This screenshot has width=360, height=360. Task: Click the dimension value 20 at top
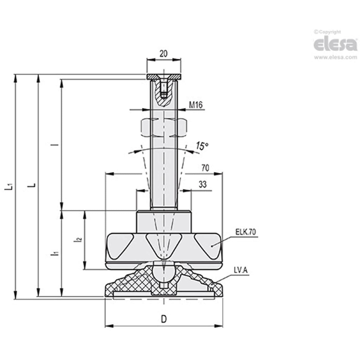point(163,54)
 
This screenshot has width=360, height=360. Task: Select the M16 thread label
point(195,104)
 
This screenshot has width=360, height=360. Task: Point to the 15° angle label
point(202,146)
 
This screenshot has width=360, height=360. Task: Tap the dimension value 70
point(205,168)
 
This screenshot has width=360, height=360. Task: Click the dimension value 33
point(203,185)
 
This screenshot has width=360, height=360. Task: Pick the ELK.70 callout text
point(246,232)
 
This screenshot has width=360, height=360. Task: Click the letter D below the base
point(164,319)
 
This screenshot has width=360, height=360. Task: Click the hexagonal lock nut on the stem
point(164,128)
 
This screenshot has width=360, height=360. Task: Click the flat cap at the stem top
point(164,77)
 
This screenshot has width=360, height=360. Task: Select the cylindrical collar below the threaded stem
point(163,221)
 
